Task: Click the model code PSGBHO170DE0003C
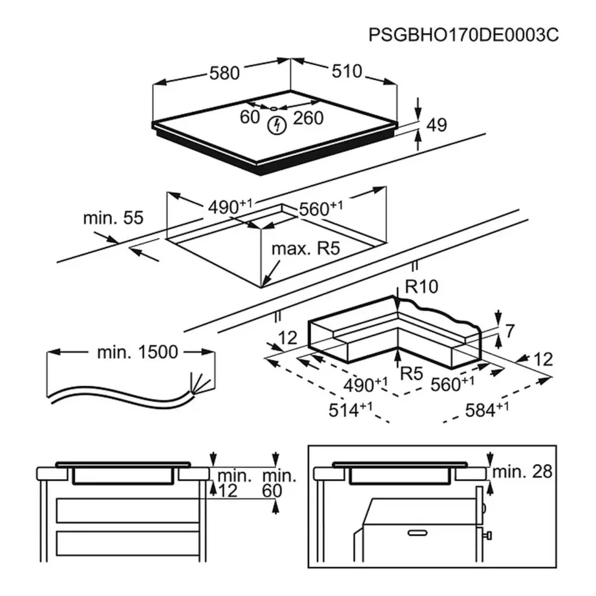tap(463, 35)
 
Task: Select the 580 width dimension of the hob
tap(224, 73)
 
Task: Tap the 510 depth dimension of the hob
tap(347, 71)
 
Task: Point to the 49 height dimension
tap(437, 125)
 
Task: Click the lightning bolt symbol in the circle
tap(277, 125)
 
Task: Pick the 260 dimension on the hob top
tap(308, 118)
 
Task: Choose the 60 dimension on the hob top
tap(249, 118)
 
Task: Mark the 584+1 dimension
tap(488, 410)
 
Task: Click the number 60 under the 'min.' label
tap(272, 491)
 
